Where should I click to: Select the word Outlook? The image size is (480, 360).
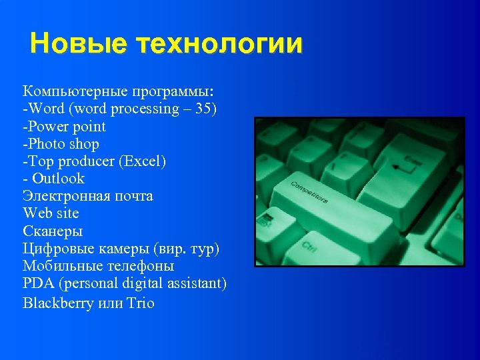pyautogui.click(x=58, y=178)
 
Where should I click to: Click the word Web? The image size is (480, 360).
pyautogui.click(x=37, y=213)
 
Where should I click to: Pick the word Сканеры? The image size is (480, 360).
pyautogui.click(x=53, y=231)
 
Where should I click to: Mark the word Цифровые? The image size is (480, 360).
pyautogui.click(x=56, y=249)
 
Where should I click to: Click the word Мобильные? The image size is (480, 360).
pyautogui.click(x=59, y=266)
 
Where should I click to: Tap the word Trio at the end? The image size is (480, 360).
pyautogui.click(x=141, y=303)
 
